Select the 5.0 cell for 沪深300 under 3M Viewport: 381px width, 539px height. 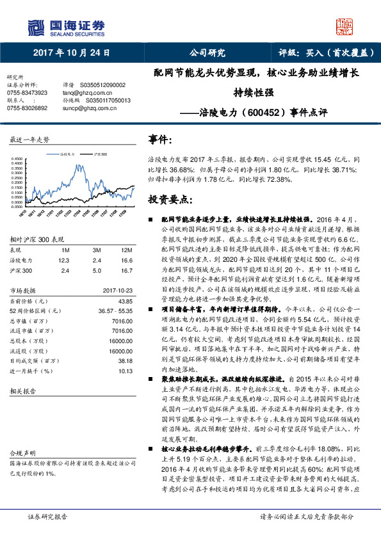97,270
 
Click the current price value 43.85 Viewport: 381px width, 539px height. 126,301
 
